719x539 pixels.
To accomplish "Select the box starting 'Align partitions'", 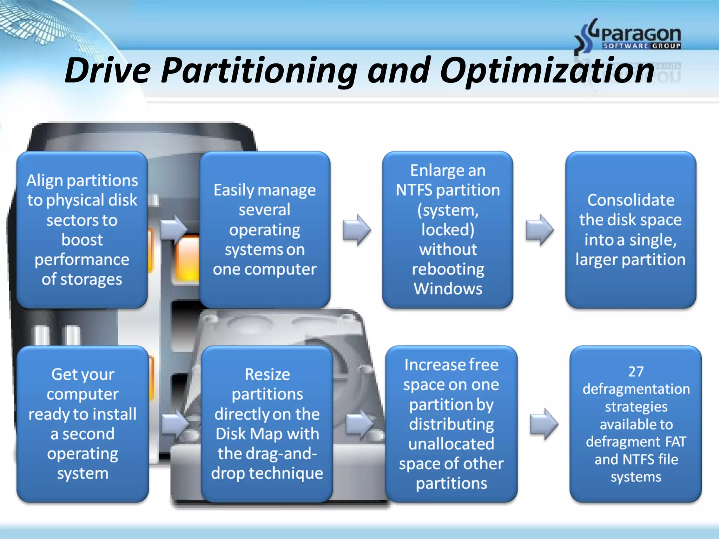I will coord(82,230).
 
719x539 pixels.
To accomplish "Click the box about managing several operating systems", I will coord(265,230).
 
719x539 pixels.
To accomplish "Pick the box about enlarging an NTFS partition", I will coord(448,230).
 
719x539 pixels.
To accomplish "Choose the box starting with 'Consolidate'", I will coord(631,230).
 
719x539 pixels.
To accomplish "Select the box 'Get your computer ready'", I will coord(83,424).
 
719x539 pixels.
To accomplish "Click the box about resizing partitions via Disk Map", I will coord(267,424).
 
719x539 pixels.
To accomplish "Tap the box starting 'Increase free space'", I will coord(451,424).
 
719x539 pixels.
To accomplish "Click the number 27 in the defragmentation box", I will coord(636,371).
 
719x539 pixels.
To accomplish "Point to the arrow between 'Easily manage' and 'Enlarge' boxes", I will coord(357,230).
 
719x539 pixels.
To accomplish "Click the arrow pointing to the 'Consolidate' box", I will coord(540,230).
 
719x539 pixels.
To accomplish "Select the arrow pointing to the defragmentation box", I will coord(544,424).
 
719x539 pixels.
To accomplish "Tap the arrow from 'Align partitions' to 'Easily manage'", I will coord(174,230).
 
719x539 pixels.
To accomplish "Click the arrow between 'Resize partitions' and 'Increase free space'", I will coord(359,424).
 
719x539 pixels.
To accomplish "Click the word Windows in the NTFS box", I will coord(448,289).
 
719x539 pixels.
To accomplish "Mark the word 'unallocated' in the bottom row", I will coord(451,444).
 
